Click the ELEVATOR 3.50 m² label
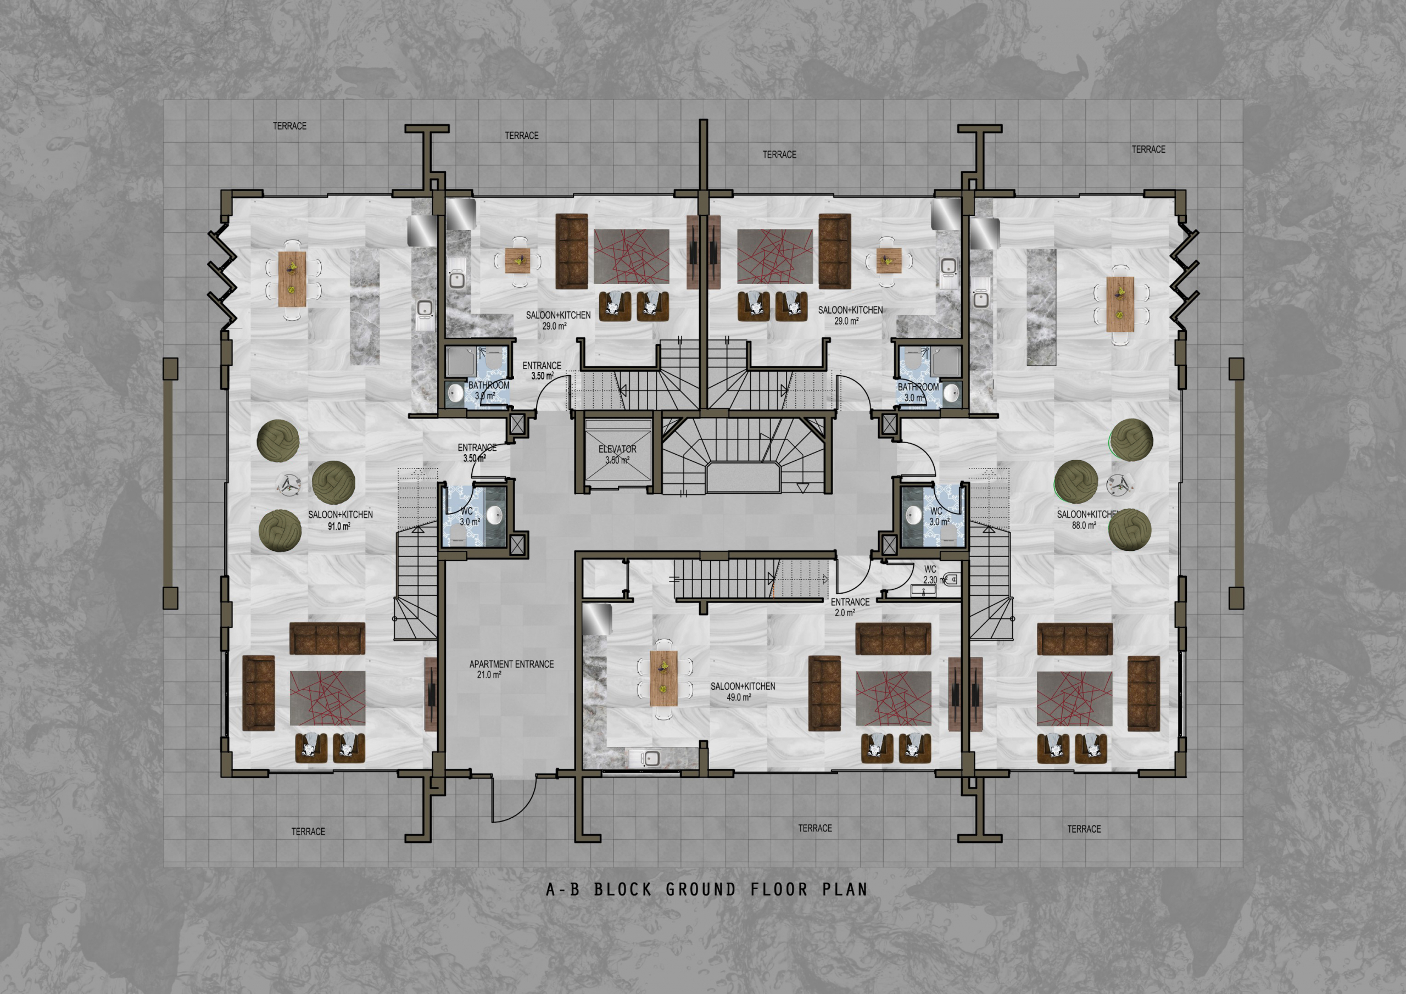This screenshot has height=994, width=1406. (x=617, y=454)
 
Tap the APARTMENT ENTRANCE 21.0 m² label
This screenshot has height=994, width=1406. (x=511, y=669)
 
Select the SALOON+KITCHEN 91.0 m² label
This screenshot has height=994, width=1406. (x=341, y=520)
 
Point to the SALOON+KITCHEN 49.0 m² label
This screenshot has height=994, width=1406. (x=743, y=691)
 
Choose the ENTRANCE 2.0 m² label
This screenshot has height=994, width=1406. (x=850, y=607)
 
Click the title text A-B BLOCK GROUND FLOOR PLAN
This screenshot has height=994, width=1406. (x=707, y=889)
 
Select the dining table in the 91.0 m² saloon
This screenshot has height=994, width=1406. (x=292, y=278)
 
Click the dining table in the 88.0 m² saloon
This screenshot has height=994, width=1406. (x=1120, y=304)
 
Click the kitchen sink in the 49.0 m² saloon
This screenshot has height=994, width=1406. (x=649, y=758)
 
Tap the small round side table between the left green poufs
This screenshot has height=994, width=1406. (x=288, y=484)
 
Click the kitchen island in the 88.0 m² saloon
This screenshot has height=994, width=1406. (x=1042, y=308)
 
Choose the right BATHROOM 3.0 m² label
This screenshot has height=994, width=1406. (x=918, y=392)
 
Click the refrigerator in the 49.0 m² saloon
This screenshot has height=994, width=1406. (x=598, y=619)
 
